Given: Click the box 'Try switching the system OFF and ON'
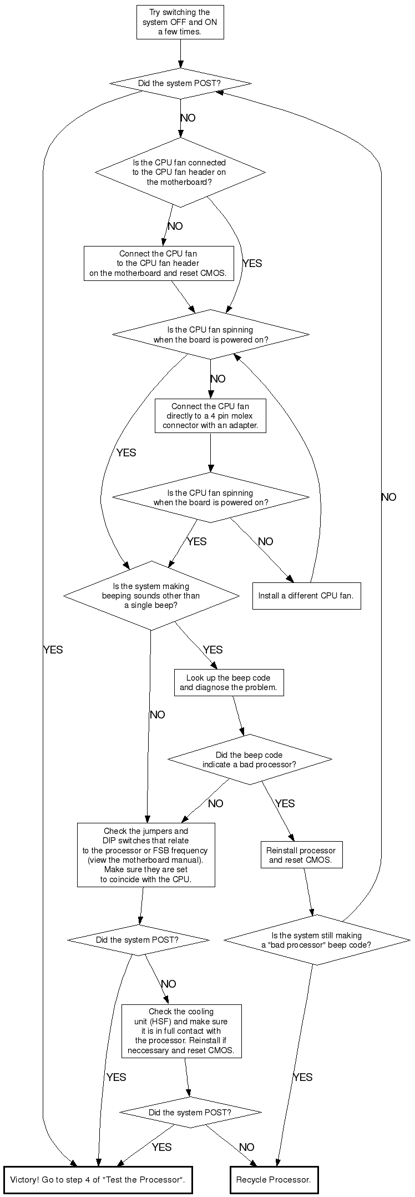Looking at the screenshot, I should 180,22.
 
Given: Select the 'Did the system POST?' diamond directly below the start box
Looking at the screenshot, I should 180,84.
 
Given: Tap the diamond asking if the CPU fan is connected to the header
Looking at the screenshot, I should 180,172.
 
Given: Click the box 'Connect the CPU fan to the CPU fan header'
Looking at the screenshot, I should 159,264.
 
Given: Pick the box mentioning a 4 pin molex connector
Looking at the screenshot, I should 210,416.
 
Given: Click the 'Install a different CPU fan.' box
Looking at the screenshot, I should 306,596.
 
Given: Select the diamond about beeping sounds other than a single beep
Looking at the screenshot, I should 151,596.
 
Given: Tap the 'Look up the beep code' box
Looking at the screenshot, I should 229,683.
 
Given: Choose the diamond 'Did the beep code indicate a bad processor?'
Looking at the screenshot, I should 249,760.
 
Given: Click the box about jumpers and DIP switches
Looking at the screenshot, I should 145,855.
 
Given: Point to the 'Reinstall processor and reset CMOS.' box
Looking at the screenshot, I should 301,856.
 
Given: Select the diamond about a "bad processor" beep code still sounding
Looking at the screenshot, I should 316,940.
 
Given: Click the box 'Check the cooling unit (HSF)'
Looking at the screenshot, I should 181,1031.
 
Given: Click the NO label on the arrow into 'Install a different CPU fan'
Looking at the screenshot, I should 265,541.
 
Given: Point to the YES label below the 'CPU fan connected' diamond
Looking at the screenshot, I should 252,263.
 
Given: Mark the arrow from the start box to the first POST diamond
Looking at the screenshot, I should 180,54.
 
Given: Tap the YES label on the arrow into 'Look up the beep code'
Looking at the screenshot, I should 212,650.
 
